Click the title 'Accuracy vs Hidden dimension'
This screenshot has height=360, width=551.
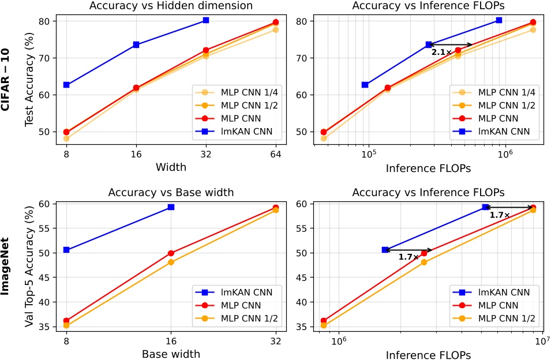(x=171, y=7)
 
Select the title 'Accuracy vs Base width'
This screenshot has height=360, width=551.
(x=171, y=192)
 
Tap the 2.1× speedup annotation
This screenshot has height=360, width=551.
(x=441, y=52)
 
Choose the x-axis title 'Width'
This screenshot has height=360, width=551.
(x=171, y=168)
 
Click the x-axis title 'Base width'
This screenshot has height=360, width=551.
(x=171, y=354)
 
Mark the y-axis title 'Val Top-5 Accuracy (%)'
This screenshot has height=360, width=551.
(x=29, y=266)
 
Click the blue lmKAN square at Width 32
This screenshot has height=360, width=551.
(x=205, y=20)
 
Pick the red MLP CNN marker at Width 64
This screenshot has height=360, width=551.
(x=276, y=22)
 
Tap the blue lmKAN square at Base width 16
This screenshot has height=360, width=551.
(x=171, y=207)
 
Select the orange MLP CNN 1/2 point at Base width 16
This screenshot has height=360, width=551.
(x=171, y=262)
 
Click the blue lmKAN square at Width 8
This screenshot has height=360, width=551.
(x=66, y=85)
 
